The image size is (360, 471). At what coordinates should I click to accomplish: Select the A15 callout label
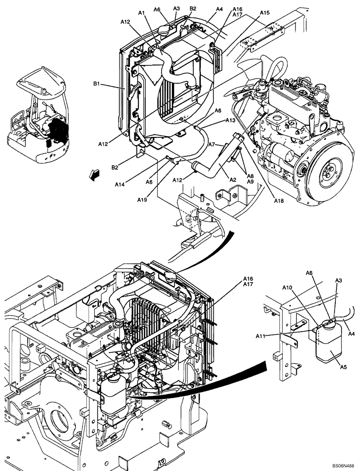tap(264, 13)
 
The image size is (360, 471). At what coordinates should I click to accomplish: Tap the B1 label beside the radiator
tap(97, 84)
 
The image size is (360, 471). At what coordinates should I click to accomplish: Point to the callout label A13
tap(230, 121)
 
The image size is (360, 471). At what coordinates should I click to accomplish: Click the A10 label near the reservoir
tap(288, 288)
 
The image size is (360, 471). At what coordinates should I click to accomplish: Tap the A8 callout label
tap(250, 176)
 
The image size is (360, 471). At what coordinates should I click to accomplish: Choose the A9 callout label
tap(250, 182)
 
